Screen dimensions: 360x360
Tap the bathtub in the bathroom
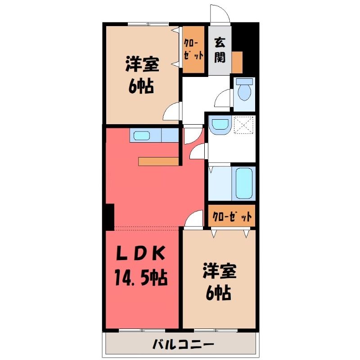pyautogui.click(x=244, y=184)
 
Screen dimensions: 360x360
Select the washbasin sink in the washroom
pyautogui.click(x=220, y=125)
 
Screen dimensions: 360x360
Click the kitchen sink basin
pyautogui.click(x=142, y=136)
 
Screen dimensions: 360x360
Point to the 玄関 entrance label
pyautogui.click(x=220, y=50)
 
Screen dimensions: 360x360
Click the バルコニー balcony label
pyautogui.click(x=184, y=344)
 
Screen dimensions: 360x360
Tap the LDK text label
pyautogui.click(x=141, y=253)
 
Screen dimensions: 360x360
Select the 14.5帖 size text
pyautogui.click(x=141, y=278)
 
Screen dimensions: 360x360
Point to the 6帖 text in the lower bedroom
pyautogui.click(x=218, y=294)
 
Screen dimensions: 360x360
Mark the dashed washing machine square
pyautogui.click(x=243, y=125)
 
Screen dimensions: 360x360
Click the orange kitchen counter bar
pyautogui.click(x=158, y=162)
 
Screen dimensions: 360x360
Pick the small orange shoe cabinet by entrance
pyautogui.click(x=237, y=62)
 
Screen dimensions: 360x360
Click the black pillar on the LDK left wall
pyautogui.click(x=110, y=217)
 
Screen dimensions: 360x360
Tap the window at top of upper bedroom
pyautogui.click(x=148, y=24)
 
